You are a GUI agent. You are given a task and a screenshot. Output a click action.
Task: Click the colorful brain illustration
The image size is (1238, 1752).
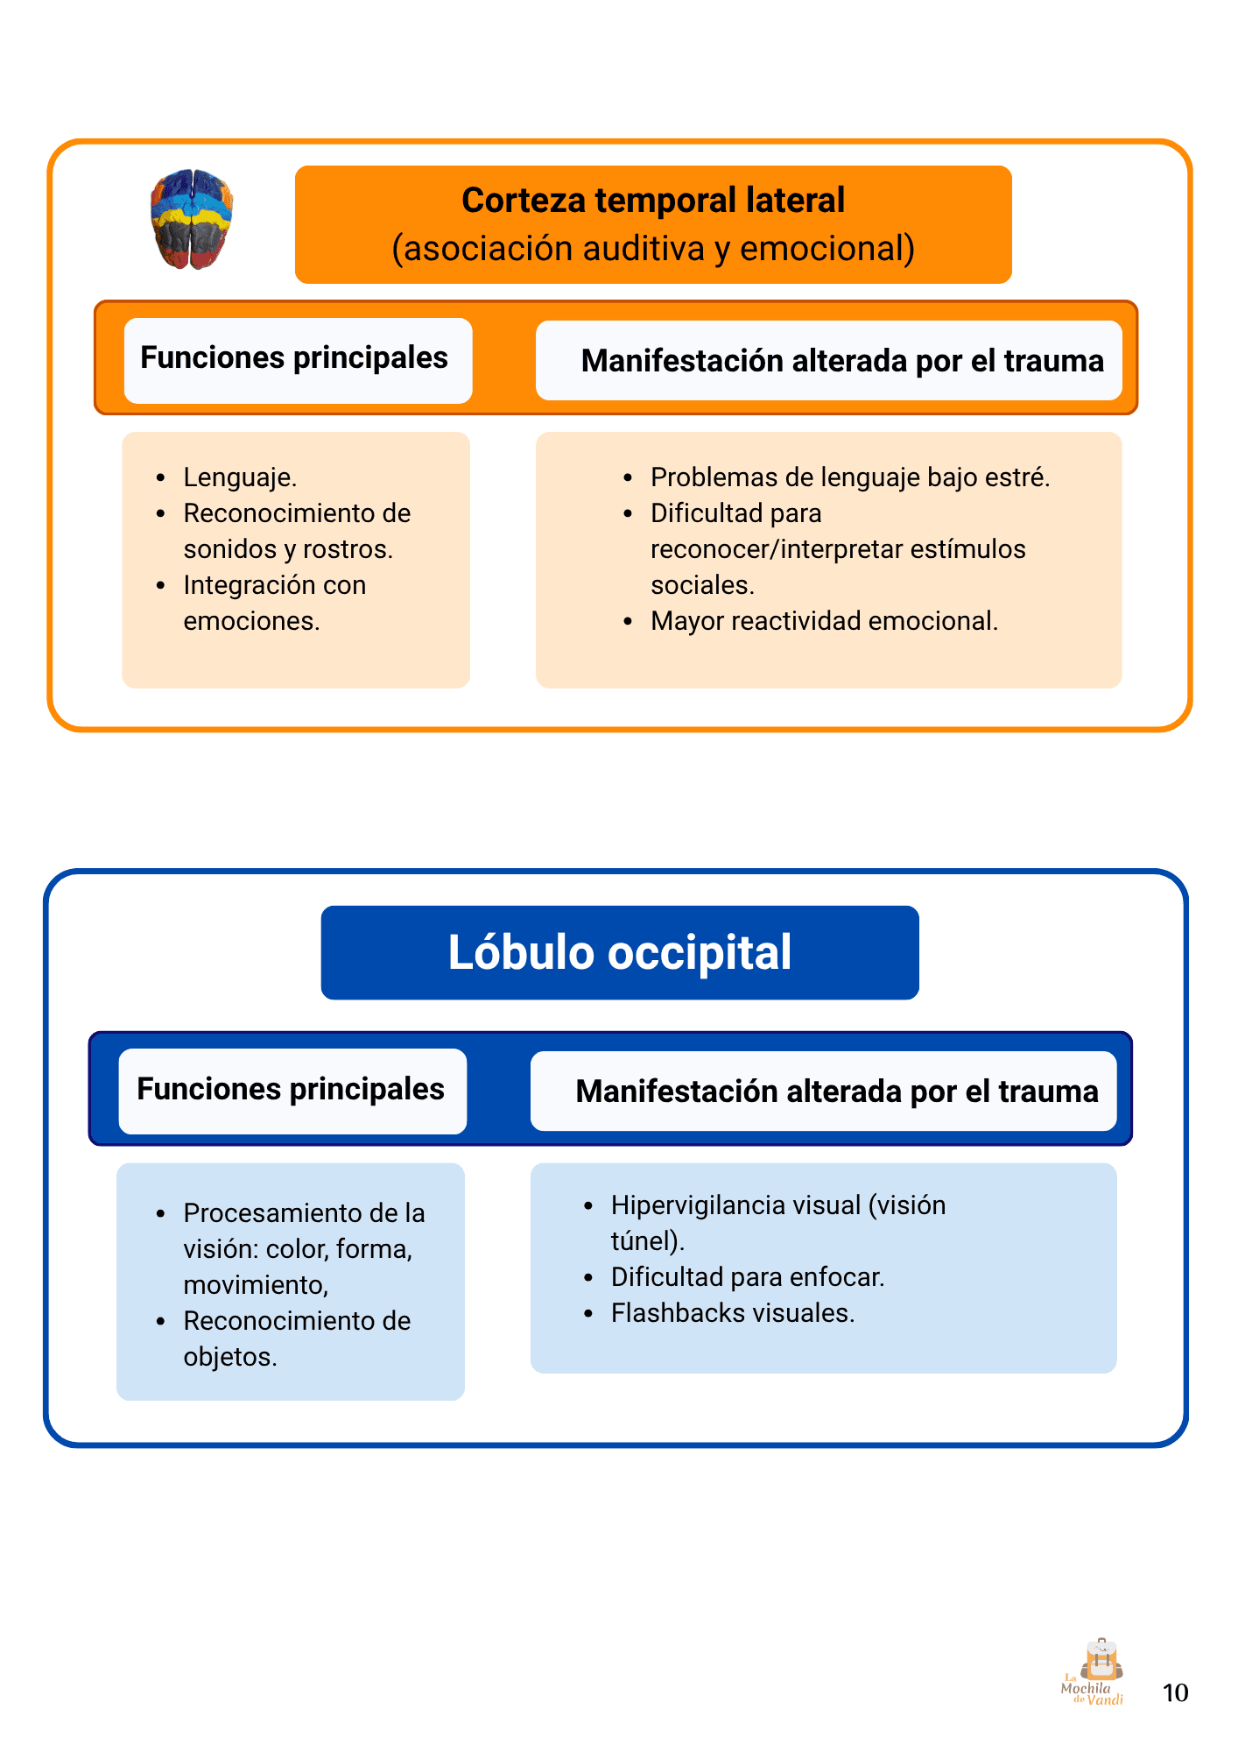tap(192, 219)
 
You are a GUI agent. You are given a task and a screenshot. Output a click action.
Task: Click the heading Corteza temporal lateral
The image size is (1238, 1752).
tap(653, 201)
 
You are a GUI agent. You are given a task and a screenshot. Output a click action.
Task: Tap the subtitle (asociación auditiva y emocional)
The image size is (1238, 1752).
tap(653, 249)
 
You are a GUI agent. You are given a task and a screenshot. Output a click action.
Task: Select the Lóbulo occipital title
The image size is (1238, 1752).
tap(620, 953)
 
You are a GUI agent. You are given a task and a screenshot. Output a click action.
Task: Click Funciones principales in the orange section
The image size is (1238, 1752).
tap(294, 358)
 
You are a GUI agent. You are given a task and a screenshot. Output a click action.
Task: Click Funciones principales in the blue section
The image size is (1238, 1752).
tap(291, 1089)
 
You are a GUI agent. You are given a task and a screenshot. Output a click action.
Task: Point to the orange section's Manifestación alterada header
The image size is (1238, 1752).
tap(842, 361)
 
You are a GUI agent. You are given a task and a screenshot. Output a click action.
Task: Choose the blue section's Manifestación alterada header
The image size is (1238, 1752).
tap(837, 1091)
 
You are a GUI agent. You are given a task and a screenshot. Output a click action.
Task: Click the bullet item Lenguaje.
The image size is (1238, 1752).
tap(240, 477)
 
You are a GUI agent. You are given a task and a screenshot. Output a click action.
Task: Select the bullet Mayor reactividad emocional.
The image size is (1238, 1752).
tap(824, 621)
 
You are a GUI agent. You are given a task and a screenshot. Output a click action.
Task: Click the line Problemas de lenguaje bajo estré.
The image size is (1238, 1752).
tap(849, 477)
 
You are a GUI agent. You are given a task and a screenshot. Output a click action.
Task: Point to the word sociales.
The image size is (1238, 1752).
tap(702, 585)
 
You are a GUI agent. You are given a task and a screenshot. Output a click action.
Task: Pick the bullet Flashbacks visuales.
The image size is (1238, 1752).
tap(732, 1313)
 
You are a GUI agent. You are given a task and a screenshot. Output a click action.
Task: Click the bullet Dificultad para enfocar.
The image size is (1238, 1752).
tap(748, 1277)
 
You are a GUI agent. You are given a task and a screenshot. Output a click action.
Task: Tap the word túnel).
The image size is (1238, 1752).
tap(647, 1241)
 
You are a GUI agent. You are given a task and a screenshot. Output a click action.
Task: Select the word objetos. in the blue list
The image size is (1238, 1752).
tap(230, 1357)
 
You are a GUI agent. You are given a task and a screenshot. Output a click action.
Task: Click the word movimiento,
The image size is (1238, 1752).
tap(256, 1285)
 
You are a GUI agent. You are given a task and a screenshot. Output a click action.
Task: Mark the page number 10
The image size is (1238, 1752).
tap(1175, 1692)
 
